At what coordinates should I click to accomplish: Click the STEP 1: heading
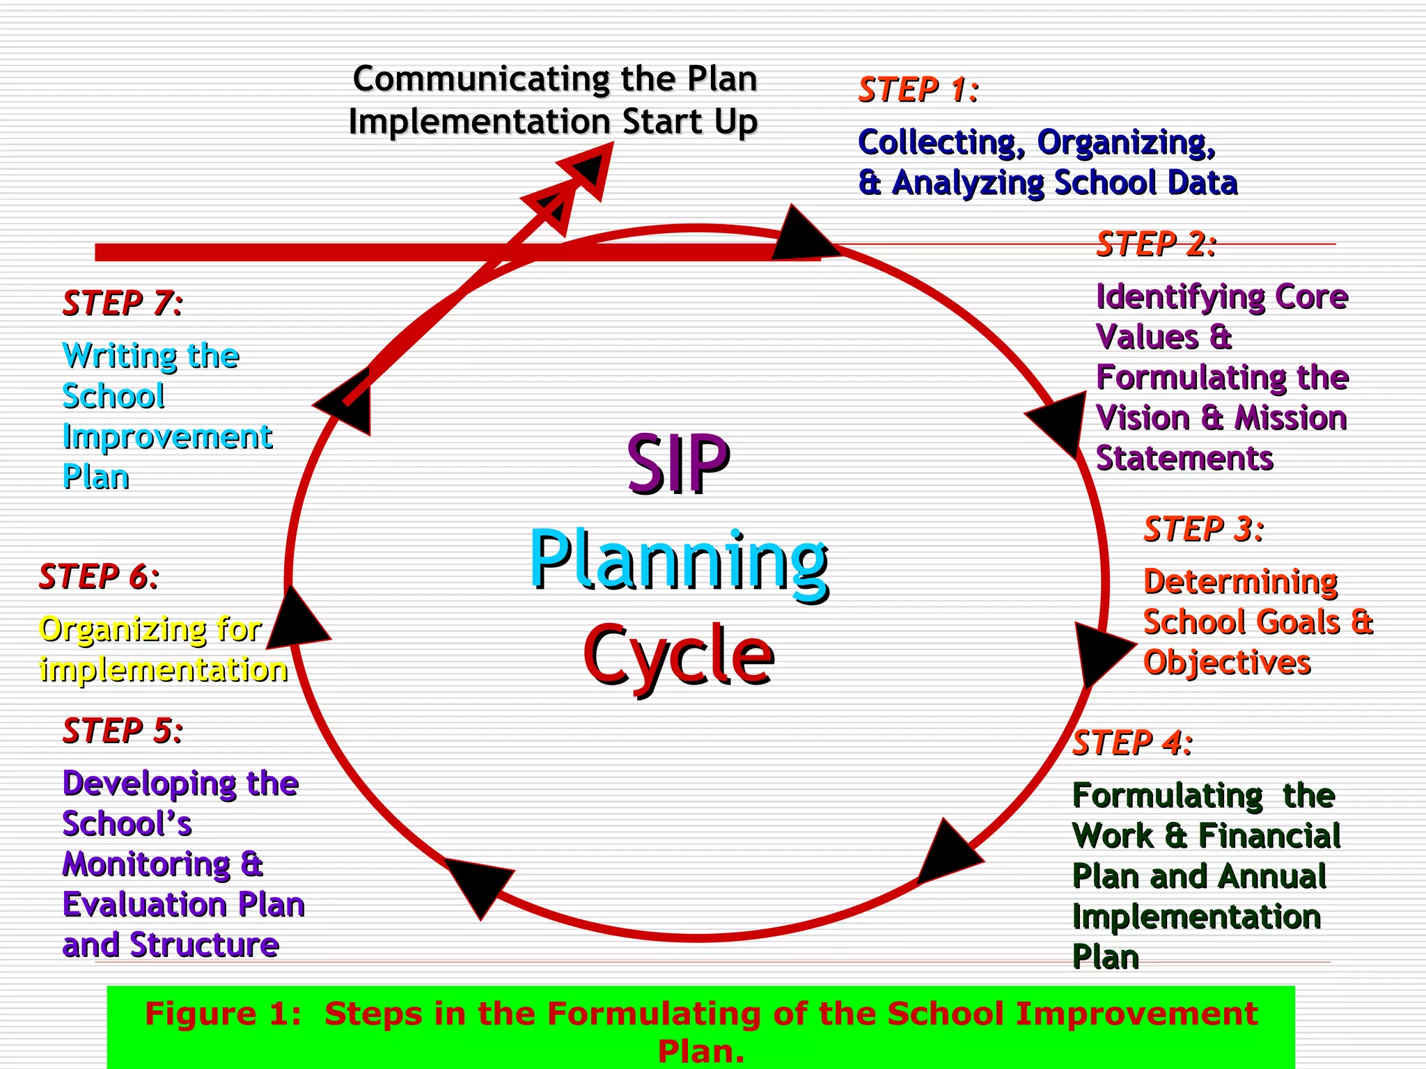pos(918,90)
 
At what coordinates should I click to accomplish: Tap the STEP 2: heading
pos(1156,244)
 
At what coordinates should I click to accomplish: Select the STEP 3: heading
pos(1203,530)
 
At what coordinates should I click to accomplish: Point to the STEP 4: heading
pos(1132,743)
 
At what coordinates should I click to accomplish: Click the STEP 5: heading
pos(123,731)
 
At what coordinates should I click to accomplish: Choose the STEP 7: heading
pos(123,303)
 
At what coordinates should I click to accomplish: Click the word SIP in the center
pos(677,464)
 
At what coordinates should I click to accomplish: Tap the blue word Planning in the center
pos(679,561)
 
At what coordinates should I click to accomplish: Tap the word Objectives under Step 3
pos(1227,663)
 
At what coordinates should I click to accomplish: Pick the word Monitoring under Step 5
pos(146,865)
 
